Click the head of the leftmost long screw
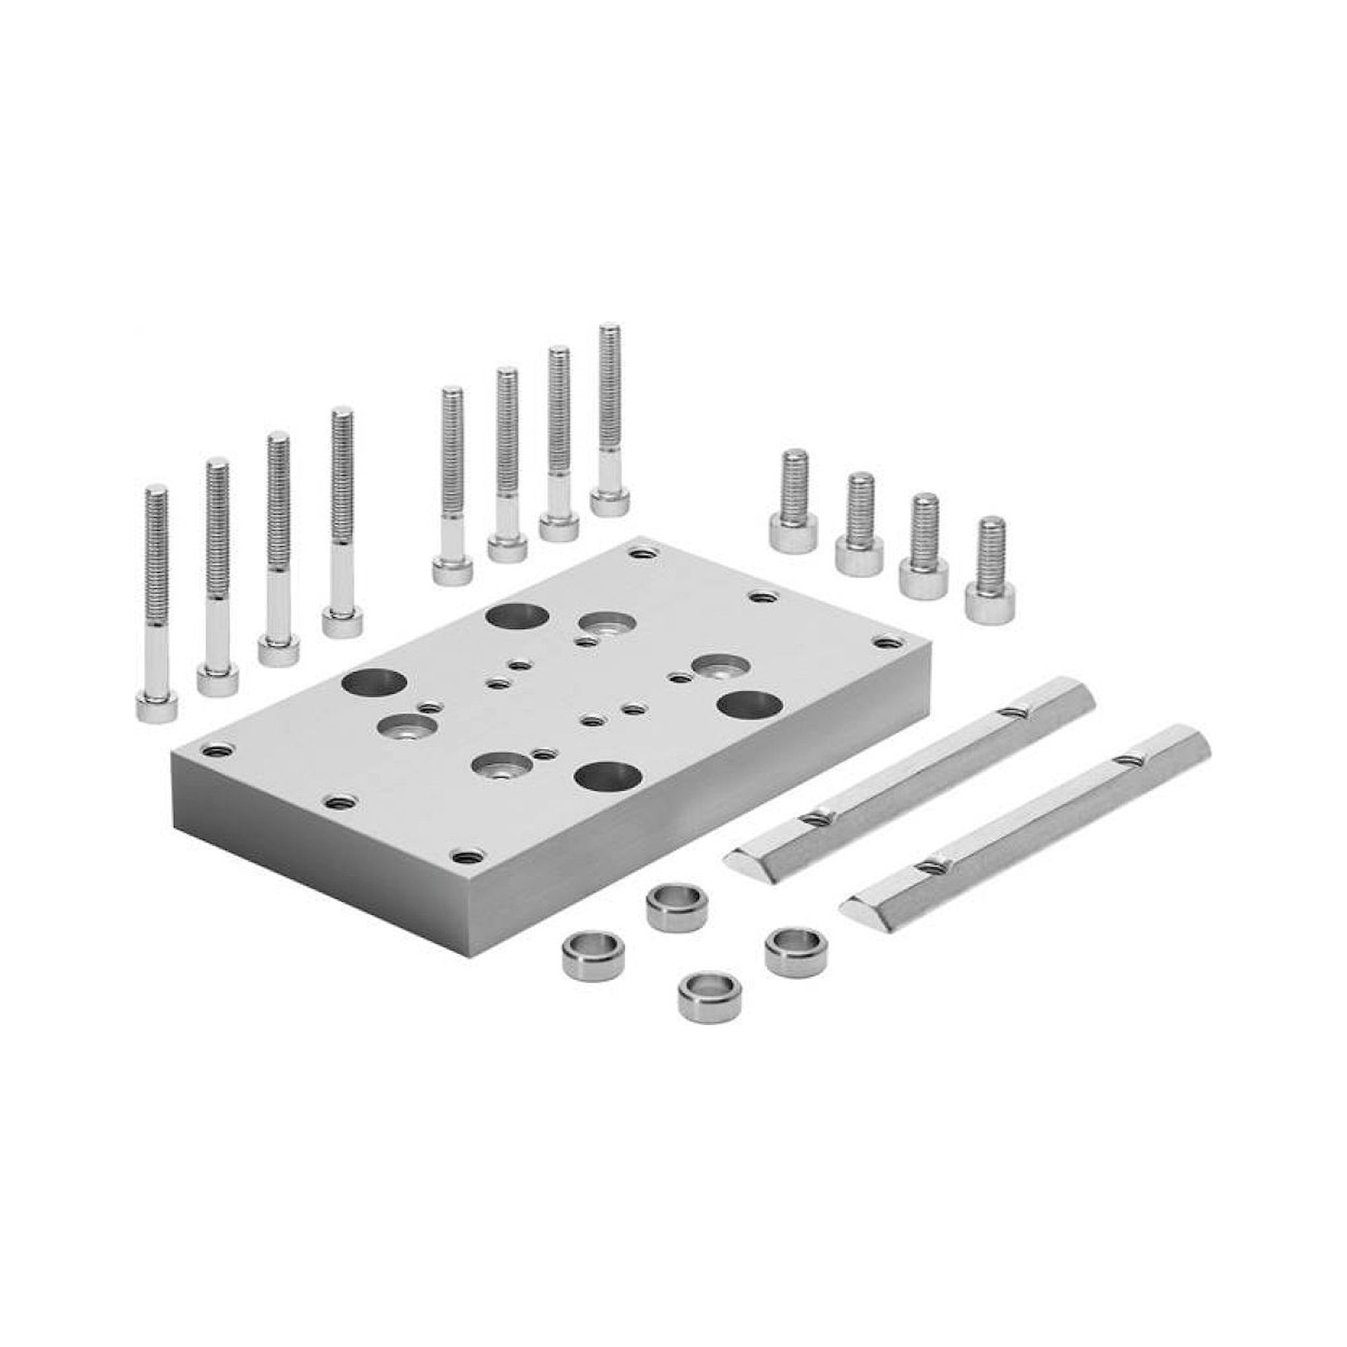pyautogui.click(x=157, y=707)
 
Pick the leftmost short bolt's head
pyautogui.click(x=793, y=532)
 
